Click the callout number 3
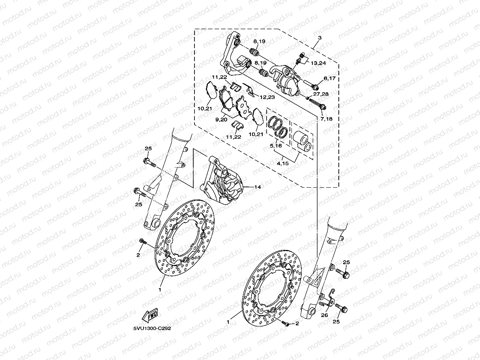coord(319,38)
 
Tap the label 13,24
coord(318,63)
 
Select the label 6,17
coord(329,78)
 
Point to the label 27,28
coord(321,95)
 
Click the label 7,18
coord(327,118)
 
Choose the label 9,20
coord(221,119)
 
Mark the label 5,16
coord(275,145)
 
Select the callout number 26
coord(325,315)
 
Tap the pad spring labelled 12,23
coord(249,90)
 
